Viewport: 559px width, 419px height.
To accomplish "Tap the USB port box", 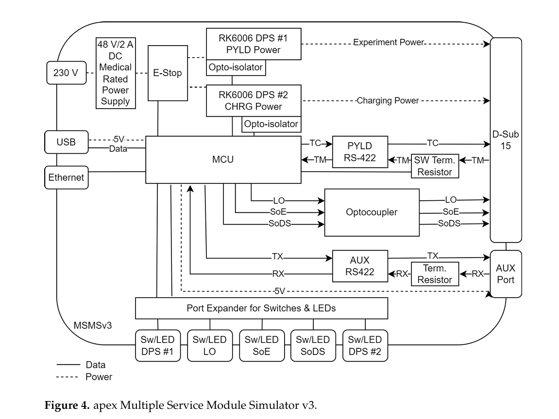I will tap(66, 142).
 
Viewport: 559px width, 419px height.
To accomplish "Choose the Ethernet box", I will tap(66, 177).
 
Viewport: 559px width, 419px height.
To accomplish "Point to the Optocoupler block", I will tap(372, 212).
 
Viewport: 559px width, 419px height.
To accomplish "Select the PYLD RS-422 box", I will tap(360, 152).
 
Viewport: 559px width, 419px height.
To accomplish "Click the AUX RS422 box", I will tap(360, 266).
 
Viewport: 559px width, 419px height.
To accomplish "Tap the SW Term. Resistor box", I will tap(435, 165).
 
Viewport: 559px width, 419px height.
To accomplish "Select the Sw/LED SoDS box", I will tap(313, 345).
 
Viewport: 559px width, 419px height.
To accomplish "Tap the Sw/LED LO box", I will tap(210, 345).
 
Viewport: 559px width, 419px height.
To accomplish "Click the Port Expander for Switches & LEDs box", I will tap(261, 308).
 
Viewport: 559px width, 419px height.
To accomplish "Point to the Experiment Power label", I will tap(389, 42).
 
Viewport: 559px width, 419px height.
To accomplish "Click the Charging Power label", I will tap(388, 101).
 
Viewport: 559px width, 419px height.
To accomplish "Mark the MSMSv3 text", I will tap(93, 324).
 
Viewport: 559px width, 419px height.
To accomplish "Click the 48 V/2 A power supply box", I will tap(116, 73).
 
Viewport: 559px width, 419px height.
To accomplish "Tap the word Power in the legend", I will tap(99, 376).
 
